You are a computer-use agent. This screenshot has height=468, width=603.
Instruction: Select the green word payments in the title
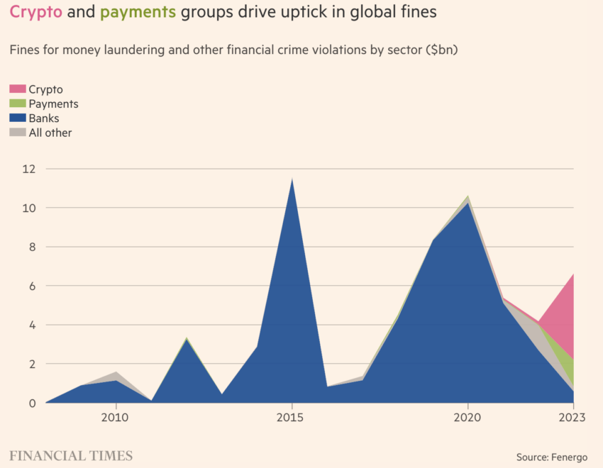click(138, 12)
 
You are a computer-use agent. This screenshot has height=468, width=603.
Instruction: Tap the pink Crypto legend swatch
click(17, 89)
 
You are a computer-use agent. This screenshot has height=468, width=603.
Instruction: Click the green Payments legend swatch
click(17, 104)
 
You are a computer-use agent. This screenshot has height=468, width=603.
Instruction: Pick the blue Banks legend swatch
click(17, 118)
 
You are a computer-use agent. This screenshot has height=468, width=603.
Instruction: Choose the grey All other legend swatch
click(17, 133)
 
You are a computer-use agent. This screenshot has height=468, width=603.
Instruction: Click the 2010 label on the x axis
click(115, 418)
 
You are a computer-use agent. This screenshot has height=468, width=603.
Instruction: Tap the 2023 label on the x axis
click(571, 418)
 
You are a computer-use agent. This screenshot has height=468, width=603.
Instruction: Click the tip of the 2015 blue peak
click(292, 179)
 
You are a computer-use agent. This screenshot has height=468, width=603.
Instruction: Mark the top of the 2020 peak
click(468, 196)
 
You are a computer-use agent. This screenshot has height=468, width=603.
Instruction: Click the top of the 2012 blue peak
click(186, 338)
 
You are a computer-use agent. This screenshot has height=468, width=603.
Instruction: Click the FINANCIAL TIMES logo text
click(71, 455)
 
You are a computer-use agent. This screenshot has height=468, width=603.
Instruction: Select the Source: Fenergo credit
click(552, 457)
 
